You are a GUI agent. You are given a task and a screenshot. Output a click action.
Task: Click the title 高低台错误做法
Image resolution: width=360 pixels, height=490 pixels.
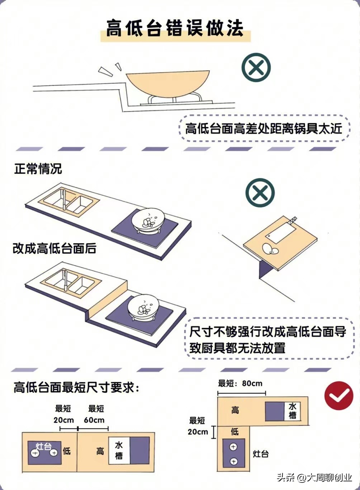coord(175,28)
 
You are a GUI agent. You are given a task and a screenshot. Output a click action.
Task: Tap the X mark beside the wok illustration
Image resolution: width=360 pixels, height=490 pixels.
coord(256,67)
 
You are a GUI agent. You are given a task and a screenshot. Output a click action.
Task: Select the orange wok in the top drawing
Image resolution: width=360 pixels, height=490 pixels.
coord(168,84)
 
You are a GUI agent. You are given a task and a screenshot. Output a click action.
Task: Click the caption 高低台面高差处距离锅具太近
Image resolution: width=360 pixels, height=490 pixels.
coord(264,129)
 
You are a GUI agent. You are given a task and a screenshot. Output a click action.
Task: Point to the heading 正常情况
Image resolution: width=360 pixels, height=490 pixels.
coord(38,169)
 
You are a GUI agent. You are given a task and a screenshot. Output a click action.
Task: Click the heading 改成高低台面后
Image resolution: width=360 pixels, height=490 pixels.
coord(55,248)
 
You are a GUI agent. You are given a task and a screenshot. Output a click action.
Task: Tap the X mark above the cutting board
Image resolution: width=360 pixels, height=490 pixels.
coord(260,193)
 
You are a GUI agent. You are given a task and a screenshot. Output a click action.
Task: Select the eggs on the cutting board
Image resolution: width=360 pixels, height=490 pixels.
coord(270,249)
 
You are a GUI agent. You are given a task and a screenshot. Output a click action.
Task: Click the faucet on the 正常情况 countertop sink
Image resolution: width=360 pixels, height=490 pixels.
coord(64,199)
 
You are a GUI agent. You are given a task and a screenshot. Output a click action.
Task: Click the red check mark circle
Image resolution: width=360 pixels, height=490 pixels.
coord(338,396)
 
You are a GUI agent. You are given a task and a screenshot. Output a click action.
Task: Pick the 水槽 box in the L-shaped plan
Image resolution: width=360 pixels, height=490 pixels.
coord(292,411)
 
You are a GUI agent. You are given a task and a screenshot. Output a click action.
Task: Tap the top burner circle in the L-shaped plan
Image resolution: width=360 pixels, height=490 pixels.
coord(233,445)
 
